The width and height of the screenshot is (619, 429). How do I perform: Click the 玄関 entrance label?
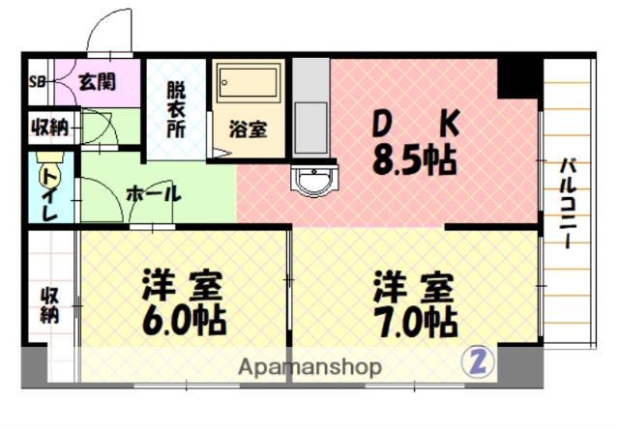pos(98,81)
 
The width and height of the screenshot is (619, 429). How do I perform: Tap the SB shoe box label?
pos(39,81)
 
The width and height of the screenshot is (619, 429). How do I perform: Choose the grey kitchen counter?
pos(310,109)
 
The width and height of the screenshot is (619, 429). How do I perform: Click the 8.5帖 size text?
pos(416,158)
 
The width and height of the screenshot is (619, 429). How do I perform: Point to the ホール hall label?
pos(154,194)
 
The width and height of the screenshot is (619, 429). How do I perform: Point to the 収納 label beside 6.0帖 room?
pos(48,304)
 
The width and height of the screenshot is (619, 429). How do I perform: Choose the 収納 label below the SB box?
pos(46,125)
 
